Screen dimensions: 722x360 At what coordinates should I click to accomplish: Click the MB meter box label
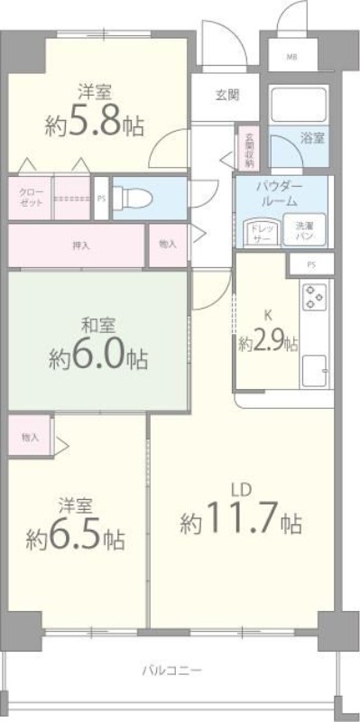(x=291, y=57)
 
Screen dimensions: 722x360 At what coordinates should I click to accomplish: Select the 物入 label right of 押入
(x=168, y=245)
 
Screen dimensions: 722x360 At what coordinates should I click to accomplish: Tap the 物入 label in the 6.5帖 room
(x=31, y=437)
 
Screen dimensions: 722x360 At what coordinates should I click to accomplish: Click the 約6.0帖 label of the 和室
(x=97, y=356)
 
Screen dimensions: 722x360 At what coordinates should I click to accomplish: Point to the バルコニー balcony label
(x=171, y=671)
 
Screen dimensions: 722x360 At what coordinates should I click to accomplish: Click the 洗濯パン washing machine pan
(x=300, y=232)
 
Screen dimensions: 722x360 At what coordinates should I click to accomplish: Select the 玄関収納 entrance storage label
(x=248, y=150)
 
